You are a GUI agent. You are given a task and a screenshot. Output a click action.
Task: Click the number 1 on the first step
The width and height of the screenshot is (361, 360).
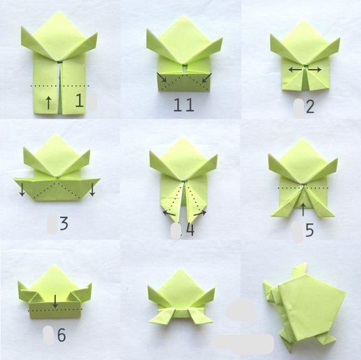80,101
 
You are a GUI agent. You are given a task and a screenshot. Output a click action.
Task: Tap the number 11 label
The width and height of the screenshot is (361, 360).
184,105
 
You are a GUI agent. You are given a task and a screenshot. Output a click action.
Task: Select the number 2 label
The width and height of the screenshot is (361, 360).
310,106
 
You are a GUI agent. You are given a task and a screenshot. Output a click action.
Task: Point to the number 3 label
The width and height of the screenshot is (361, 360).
64,224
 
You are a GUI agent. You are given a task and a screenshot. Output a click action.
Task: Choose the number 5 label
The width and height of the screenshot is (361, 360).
310,230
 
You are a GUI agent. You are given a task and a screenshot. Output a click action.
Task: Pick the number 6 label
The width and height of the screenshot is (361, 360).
61,335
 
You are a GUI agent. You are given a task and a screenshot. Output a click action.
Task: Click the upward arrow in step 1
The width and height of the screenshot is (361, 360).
48,103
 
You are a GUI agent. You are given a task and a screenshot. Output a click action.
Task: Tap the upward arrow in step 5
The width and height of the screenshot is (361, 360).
303,209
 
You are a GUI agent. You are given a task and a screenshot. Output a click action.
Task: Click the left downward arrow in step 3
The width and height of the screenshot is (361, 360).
22,189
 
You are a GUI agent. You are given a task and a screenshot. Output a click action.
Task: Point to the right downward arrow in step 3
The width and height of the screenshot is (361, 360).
92,189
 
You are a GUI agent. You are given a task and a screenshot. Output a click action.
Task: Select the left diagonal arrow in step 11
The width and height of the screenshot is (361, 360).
162,77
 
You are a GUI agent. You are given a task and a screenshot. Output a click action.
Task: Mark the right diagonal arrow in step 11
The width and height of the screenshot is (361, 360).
207,78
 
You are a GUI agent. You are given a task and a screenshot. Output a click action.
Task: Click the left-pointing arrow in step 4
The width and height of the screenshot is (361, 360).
169,213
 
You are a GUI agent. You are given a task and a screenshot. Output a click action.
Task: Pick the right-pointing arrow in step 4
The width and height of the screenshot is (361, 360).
200,213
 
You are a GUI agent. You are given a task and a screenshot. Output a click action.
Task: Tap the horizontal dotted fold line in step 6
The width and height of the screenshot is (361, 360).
55,310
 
